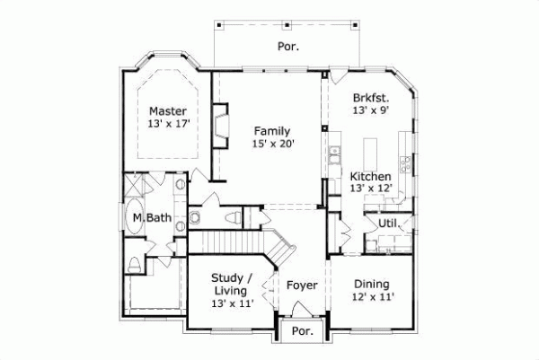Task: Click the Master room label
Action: tap(167, 111)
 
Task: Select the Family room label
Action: tap(271, 130)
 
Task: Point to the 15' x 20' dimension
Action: tap(271, 143)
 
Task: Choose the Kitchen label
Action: tap(369, 176)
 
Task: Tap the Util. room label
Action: tap(388, 223)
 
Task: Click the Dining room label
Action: tap(370, 282)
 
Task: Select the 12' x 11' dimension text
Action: tap(370, 295)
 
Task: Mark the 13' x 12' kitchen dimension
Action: tap(369, 189)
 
